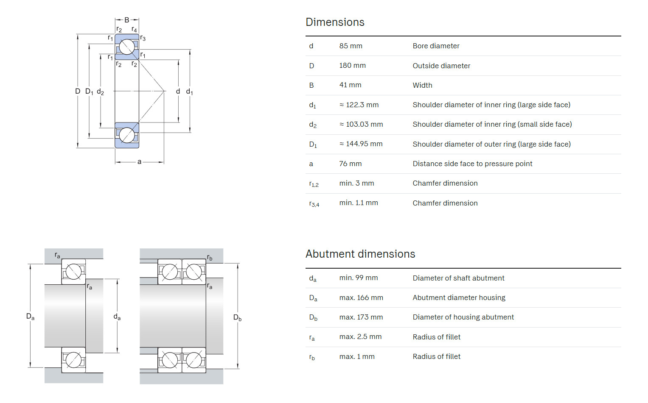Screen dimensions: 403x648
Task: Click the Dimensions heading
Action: click(x=335, y=22)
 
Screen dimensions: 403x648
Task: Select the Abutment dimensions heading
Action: click(x=360, y=254)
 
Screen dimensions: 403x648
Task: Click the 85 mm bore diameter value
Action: click(x=351, y=46)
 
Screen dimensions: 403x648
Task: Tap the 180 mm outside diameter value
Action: click(x=352, y=65)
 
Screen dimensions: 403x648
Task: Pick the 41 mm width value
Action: click(x=350, y=85)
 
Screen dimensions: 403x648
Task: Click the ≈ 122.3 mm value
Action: click(x=359, y=105)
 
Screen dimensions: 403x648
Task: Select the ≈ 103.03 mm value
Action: click(x=361, y=124)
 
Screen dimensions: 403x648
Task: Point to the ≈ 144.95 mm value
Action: click(x=361, y=144)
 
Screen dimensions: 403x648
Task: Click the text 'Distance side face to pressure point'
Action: click(x=472, y=164)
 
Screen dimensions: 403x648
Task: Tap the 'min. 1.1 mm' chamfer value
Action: click(x=359, y=203)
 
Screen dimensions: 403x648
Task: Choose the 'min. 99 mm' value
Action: click(x=359, y=278)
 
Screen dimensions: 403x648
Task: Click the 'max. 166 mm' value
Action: click(x=361, y=297)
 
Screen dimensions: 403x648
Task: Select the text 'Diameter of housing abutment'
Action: click(x=463, y=317)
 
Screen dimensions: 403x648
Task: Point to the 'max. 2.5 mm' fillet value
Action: click(x=360, y=336)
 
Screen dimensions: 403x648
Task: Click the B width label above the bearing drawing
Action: click(x=126, y=20)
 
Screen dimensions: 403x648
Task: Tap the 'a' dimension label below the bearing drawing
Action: click(x=139, y=161)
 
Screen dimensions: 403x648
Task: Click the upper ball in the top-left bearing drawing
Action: click(x=127, y=47)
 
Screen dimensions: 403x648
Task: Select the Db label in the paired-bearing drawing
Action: click(x=237, y=318)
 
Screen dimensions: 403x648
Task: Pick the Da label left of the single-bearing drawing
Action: click(x=30, y=317)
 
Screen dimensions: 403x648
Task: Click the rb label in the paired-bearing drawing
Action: click(x=210, y=258)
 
